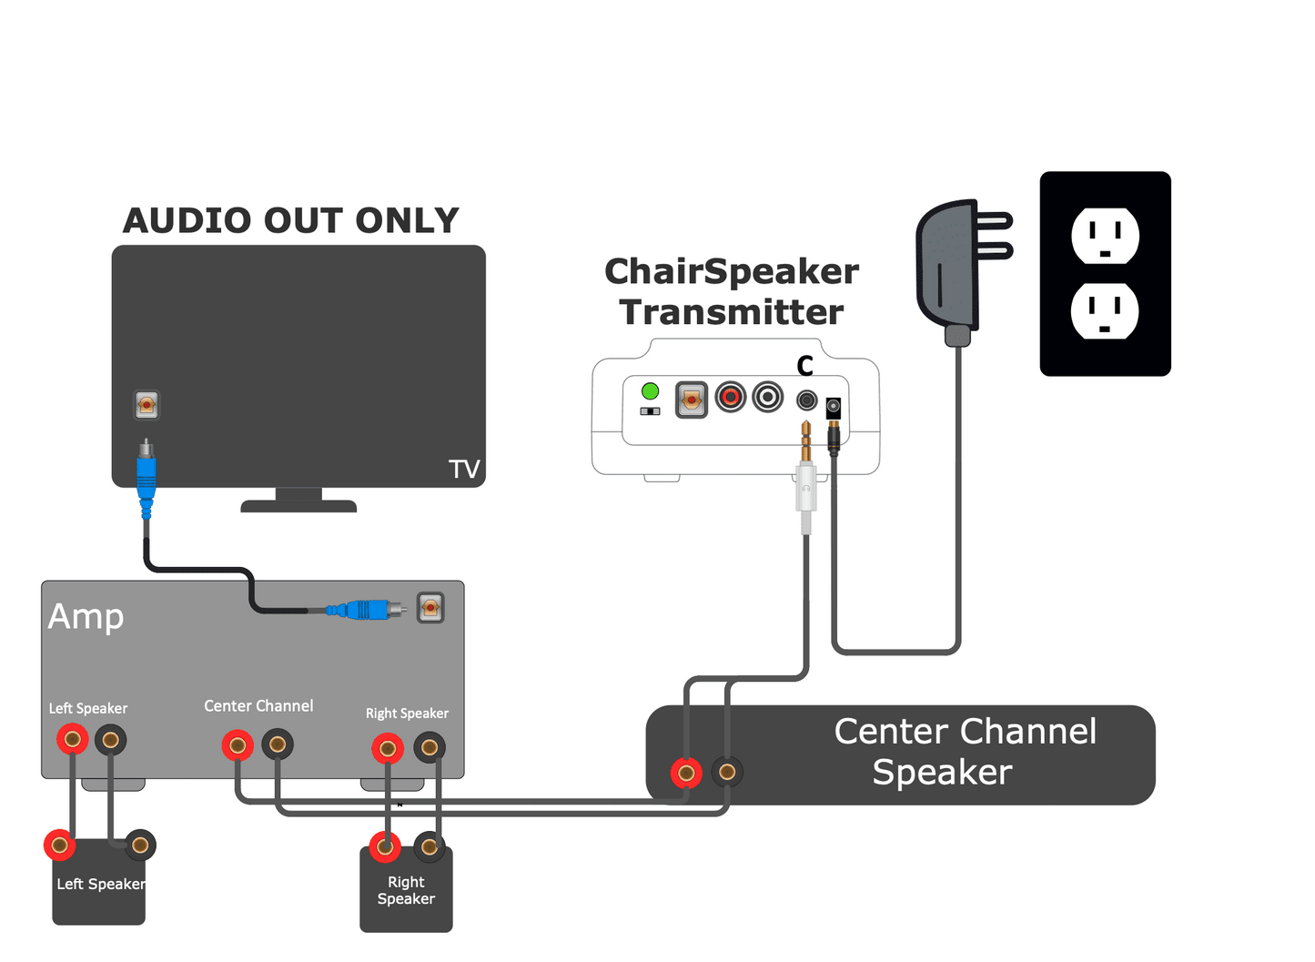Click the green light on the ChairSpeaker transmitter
[650, 391]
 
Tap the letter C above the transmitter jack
[804, 366]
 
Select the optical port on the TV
[147, 404]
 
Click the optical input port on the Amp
[430, 607]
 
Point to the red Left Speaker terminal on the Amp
[72, 739]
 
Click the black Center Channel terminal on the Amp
[278, 745]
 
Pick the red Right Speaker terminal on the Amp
[388, 749]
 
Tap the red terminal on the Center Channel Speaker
[686, 774]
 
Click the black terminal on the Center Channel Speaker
[727, 773]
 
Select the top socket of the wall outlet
[1105, 236]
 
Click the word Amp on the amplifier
[86, 616]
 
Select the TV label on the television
[463, 469]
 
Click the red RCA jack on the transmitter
[730, 397]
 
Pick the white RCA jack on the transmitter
[768, 397]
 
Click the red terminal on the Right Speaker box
[384, 847]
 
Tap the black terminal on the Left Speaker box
[140, 846]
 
